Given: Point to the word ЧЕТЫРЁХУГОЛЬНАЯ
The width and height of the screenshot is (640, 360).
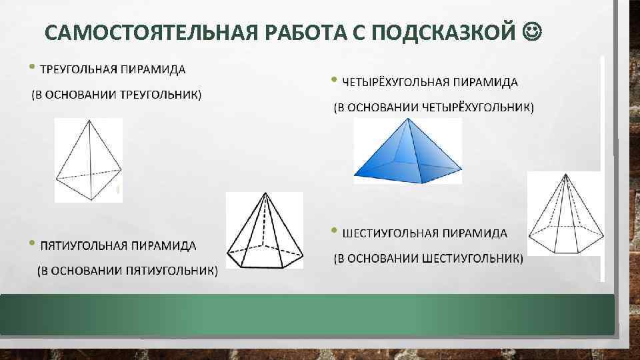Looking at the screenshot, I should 397,83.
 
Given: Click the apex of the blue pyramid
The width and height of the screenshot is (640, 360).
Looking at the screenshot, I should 406,119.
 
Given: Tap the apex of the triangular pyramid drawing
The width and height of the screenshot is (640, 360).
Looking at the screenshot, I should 89,121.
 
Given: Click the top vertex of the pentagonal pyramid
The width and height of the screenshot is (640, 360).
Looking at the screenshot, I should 265,195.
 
